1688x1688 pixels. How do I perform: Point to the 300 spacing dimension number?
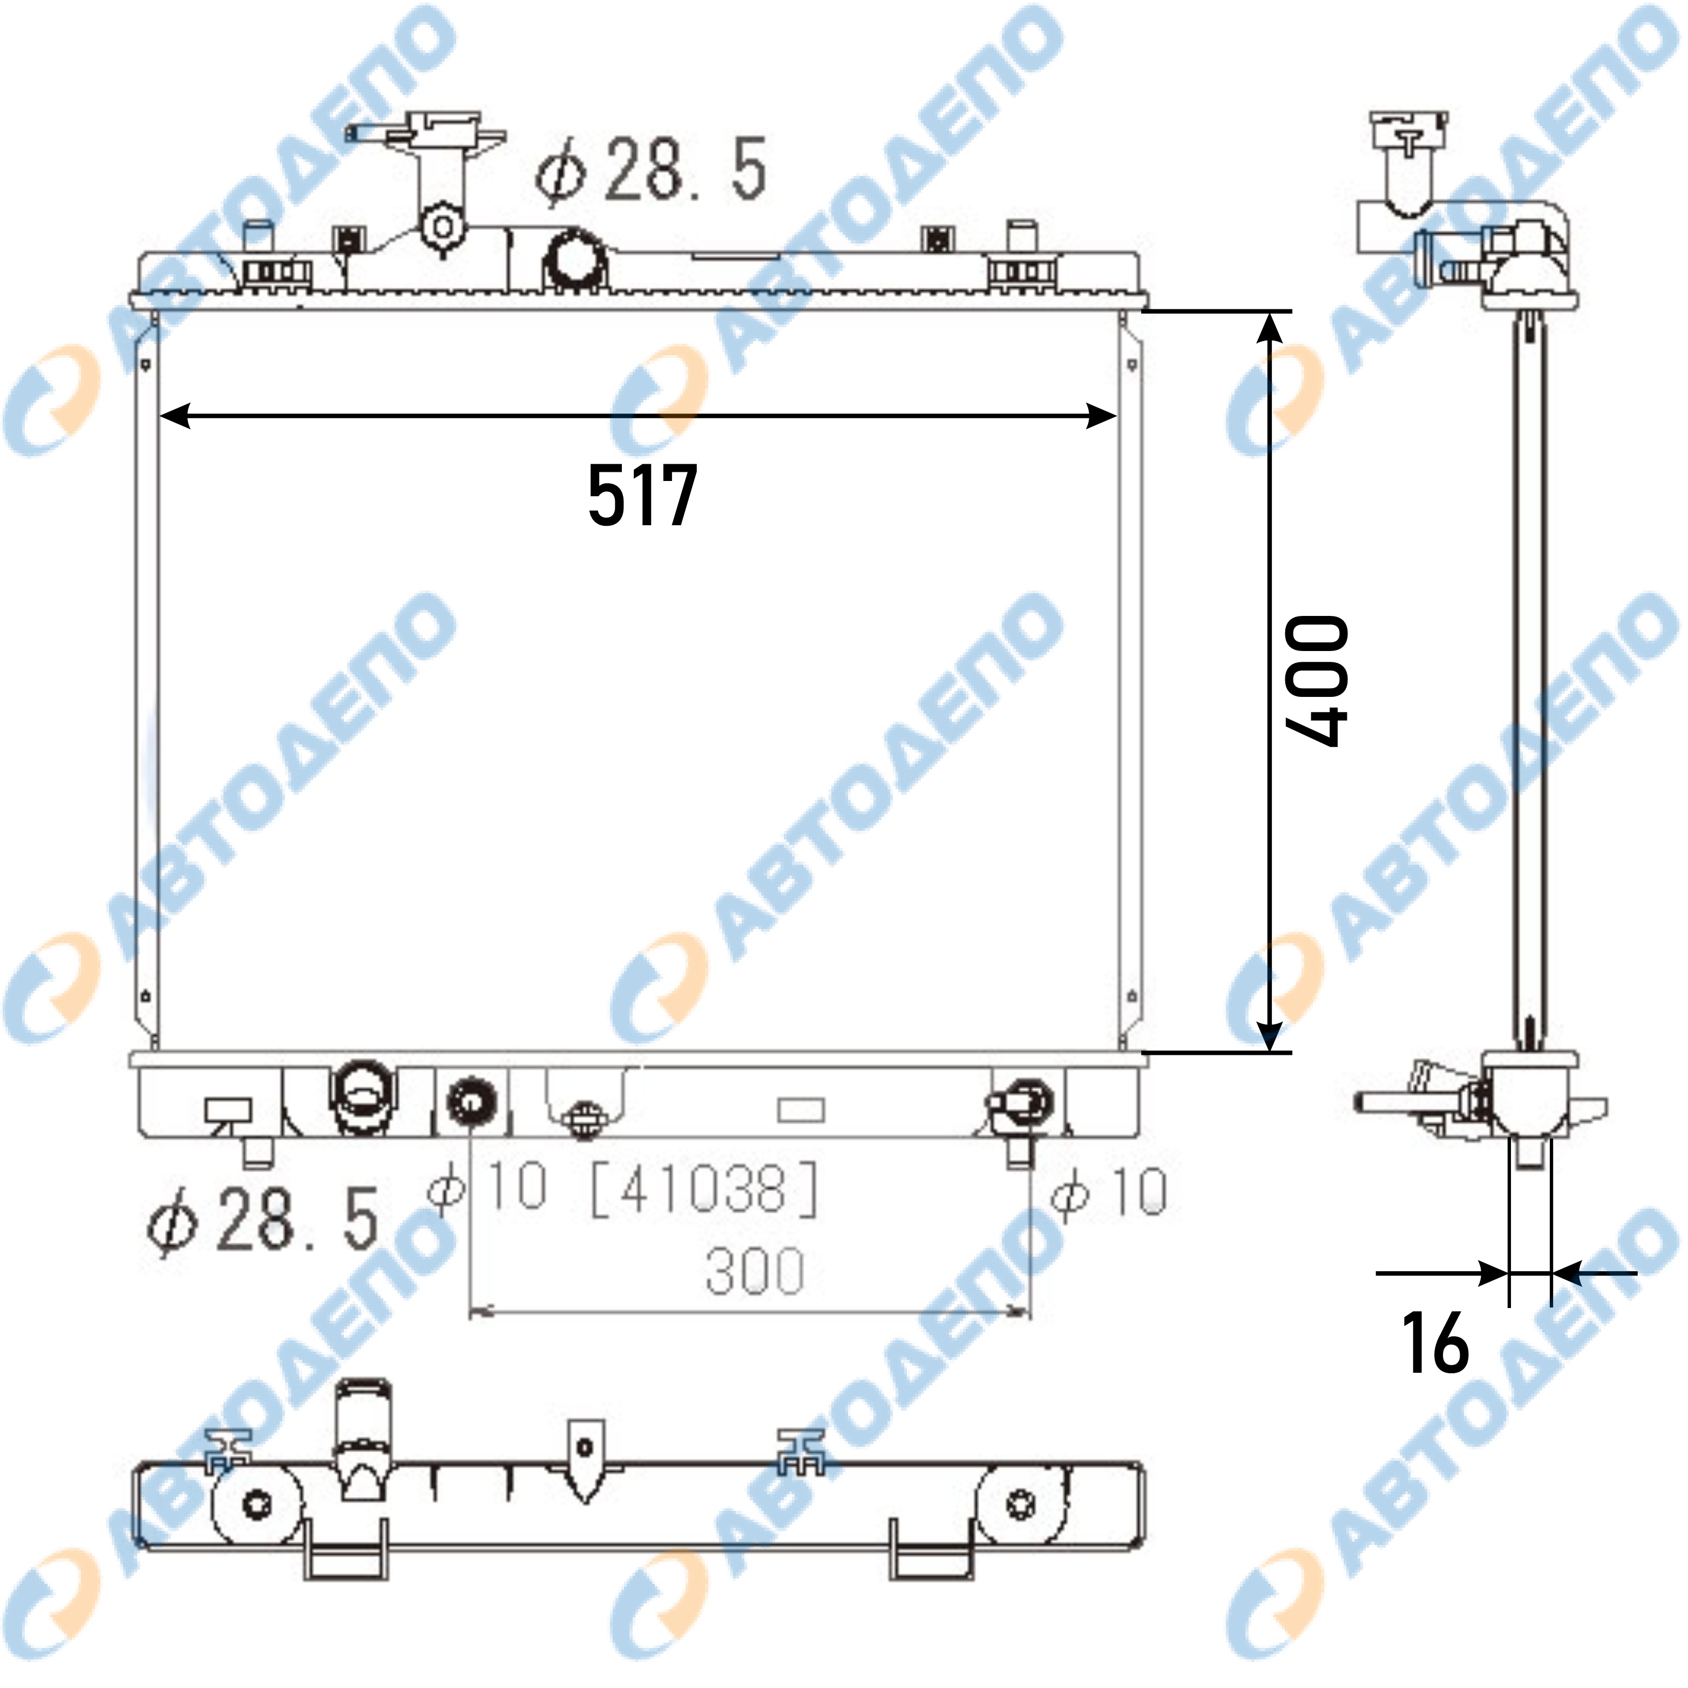point(755,1270)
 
